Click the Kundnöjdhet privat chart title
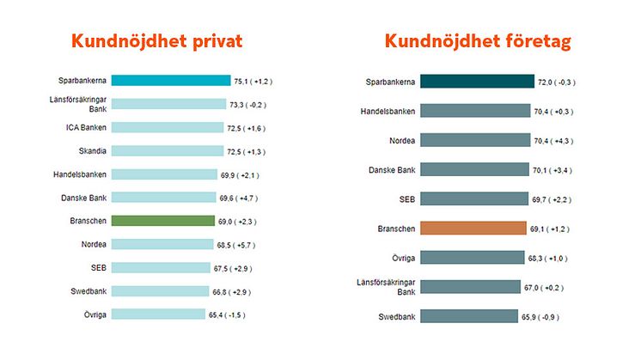tap(157, 41)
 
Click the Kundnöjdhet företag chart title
tap(477, 41)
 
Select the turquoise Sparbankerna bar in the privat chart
tap(171, 81)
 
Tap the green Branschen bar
tap(162, 221)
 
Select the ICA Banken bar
tap(168, 127)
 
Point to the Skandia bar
tap(168, 151)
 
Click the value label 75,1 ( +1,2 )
tap(253, 82)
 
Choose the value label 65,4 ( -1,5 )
tap(232, 314)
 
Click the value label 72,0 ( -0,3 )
tap(558, 82)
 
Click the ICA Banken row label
tap(88, 127)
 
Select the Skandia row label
tap(93, 151)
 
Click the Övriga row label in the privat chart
tap(94, 314)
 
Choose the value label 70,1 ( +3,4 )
tap(554, 170)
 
